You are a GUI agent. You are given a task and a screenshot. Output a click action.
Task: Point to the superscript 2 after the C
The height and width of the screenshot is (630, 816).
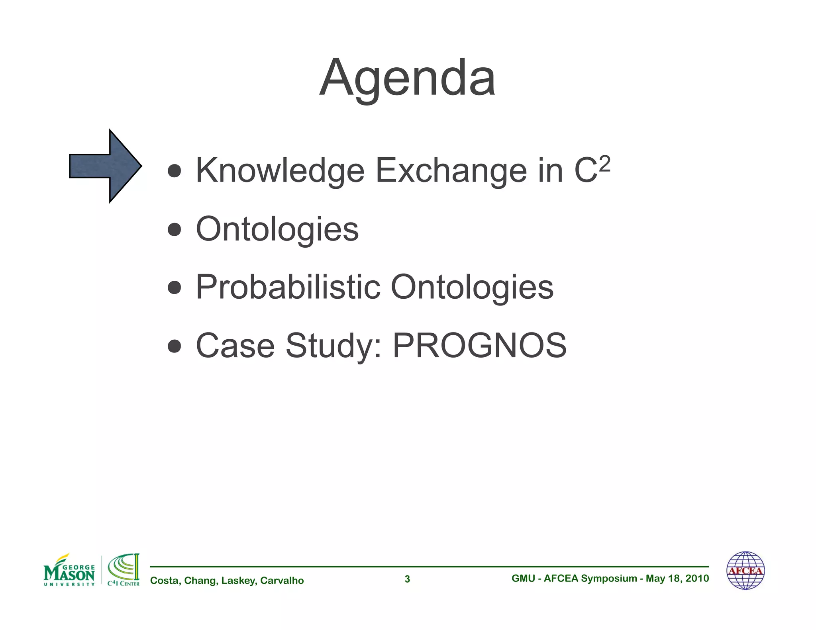604,163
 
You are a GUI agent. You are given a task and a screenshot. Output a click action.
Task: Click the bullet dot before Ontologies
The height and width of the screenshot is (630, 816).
175,229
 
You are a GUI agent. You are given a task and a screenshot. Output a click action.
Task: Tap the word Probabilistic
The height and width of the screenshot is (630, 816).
288,287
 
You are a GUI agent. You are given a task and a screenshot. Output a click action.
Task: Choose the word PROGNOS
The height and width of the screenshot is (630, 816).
479,345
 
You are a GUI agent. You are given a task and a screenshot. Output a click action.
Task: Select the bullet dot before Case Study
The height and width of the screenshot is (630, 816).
175,345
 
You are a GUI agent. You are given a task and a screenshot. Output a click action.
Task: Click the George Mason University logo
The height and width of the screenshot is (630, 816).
69,571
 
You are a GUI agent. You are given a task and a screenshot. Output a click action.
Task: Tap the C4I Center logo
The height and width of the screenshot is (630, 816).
124,571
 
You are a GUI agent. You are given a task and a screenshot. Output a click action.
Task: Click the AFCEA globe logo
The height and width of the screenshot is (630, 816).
745,571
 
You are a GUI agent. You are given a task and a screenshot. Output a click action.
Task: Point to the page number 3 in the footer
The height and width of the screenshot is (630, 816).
407,579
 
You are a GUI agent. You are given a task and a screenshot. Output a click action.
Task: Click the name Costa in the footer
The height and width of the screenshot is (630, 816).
165,581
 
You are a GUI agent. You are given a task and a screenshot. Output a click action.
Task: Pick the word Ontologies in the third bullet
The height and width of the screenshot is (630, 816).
472,287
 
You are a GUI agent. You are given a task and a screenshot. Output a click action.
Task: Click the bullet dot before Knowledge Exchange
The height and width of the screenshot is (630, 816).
175,171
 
